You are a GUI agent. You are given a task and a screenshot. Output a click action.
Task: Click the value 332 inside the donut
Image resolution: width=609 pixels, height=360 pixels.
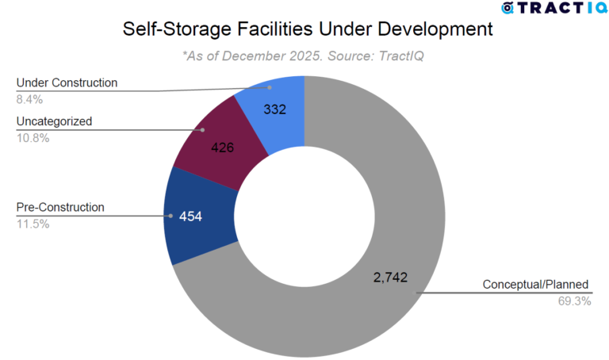[274, 109]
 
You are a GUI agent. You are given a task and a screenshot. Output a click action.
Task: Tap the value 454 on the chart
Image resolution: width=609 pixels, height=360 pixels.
[190, 216]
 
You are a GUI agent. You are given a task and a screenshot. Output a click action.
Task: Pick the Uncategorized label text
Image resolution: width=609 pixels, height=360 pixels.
[54, 121]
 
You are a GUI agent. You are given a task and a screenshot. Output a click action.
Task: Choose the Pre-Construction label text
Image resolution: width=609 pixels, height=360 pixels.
[60, 207]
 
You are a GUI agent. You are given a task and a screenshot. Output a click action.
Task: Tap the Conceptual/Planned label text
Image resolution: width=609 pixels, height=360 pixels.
[537, 285]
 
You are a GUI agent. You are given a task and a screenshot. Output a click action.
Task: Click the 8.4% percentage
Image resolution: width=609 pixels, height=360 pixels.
[29, 99]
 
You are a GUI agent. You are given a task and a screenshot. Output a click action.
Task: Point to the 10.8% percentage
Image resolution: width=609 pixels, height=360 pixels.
[33, 138]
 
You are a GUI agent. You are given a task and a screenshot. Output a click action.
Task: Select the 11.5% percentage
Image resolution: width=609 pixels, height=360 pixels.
[33, 224]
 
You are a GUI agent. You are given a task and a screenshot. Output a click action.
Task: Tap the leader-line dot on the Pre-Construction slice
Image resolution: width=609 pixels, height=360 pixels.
[170, 215]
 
